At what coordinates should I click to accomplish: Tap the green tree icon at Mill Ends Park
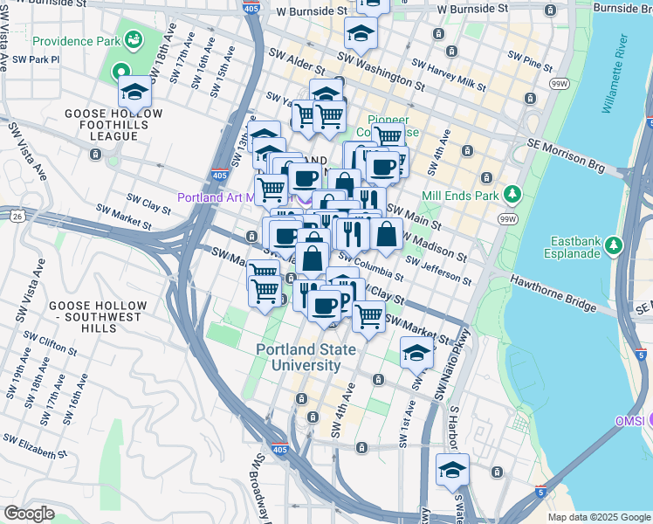pos(514,195)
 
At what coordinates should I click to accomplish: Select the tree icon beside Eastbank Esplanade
pos(616,245)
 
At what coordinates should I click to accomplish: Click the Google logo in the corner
pos(30,513)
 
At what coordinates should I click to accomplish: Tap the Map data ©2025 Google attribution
pos(598,517)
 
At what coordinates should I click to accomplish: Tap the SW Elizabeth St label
pos(35,445)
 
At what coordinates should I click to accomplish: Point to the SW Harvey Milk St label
pos(448,76)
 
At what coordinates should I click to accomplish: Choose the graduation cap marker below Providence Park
pos(135,92)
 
